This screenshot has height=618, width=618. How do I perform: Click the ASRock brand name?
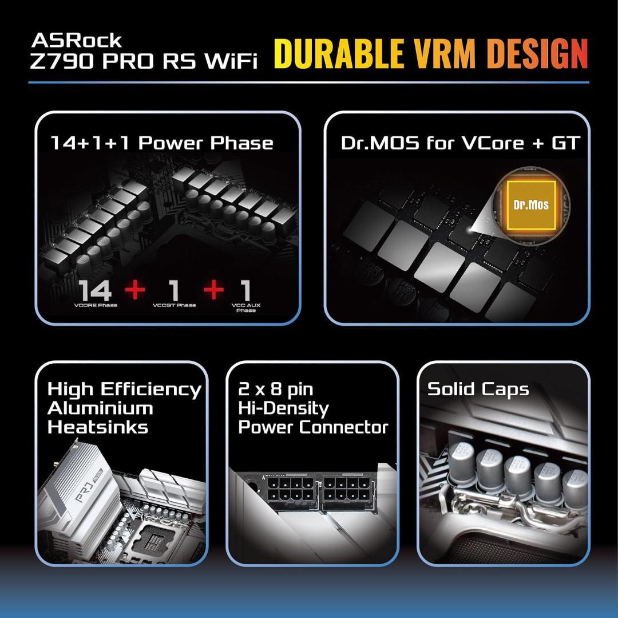pyautogui.click(x=76, y=40)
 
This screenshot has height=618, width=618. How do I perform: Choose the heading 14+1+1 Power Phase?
pyautogui.click(x=162, y=143)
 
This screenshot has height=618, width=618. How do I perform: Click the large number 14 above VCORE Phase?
pyautogui.click(x=96, y=290)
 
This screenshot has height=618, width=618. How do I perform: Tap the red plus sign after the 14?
pyautogui.click(x=135, y=289)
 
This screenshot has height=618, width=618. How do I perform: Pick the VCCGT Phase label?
pyautogui.click(x=175, y=305)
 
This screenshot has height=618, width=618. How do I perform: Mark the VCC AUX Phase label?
pyautogui.click(x=246, y=308)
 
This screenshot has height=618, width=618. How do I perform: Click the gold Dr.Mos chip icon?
pyautogui.click(x=530, y=204)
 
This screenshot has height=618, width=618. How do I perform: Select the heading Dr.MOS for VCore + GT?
pyautogui.click(x=460, y=143)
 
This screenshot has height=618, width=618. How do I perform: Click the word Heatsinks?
pyautogui.click(x=90, y=427)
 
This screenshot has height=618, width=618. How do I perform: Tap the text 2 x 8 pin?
pyautogui.click(x=276, y=389)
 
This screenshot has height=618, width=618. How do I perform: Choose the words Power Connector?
pyautogui.click(x=313, y=427)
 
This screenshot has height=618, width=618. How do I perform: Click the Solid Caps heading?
pyautogui.click(x=478, y=389)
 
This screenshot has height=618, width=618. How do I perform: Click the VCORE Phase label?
pyautogui.click(x=96, y=305)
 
